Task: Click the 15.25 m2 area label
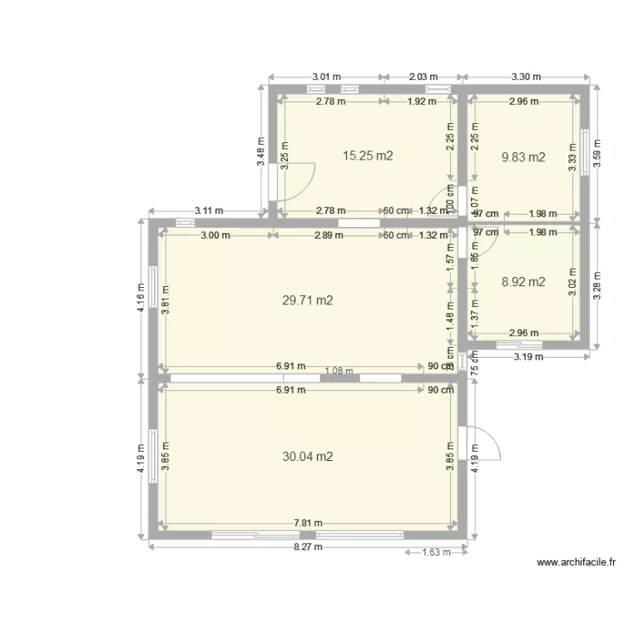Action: tap(368, 155)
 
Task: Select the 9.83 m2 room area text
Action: tap(523, 156)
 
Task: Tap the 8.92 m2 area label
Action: tap(523, 282)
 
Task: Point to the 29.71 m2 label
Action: tap(308, 300)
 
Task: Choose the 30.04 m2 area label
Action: tap(308, 456)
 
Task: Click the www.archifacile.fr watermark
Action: tap(577, 562)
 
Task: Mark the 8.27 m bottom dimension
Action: tap(307, 547)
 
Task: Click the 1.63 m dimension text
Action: tap(436, 552)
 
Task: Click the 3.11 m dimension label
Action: tap(209, 211)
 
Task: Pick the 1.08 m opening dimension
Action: tap(339, 372)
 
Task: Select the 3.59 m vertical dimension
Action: tap(596, 153)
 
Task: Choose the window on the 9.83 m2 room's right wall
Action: tap(584, 151)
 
